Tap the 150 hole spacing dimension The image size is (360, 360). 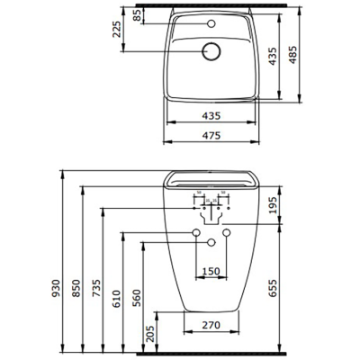click(211, 271)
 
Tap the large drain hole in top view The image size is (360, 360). click(212, 52)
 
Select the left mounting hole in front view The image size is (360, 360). click(195, 234)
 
